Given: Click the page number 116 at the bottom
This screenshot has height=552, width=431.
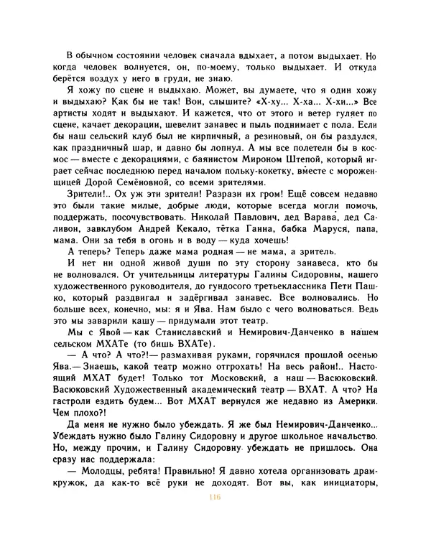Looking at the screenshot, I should tap(213, 499).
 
